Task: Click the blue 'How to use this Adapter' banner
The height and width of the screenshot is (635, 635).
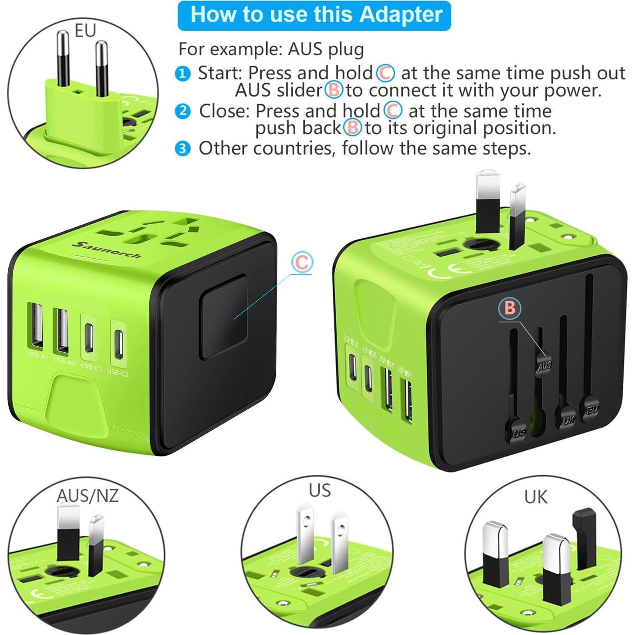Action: click(x=314, y=15)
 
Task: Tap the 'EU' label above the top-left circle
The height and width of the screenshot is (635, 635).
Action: click(x=85, y=31)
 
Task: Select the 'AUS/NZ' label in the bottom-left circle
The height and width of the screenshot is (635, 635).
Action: click(x=88, y=496)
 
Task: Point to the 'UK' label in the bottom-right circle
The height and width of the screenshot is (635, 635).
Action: click(x=535, y=497)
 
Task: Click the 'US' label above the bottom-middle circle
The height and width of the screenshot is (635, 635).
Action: click(x=320, y=490)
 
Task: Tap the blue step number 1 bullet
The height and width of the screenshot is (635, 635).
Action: click(x=182, y=74)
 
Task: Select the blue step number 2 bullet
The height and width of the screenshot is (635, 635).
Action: click(x=182, y=111)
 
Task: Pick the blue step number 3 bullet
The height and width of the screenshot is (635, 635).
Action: click(x=182, y=149)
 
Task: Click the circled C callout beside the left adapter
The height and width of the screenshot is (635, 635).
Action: click(x=302, y=263)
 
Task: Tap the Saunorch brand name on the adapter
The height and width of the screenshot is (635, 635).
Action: click(x=107, y=250)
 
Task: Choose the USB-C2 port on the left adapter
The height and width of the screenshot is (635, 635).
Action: click(x=118, y=343)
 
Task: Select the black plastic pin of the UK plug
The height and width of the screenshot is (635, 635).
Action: click(x=584, y=538)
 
